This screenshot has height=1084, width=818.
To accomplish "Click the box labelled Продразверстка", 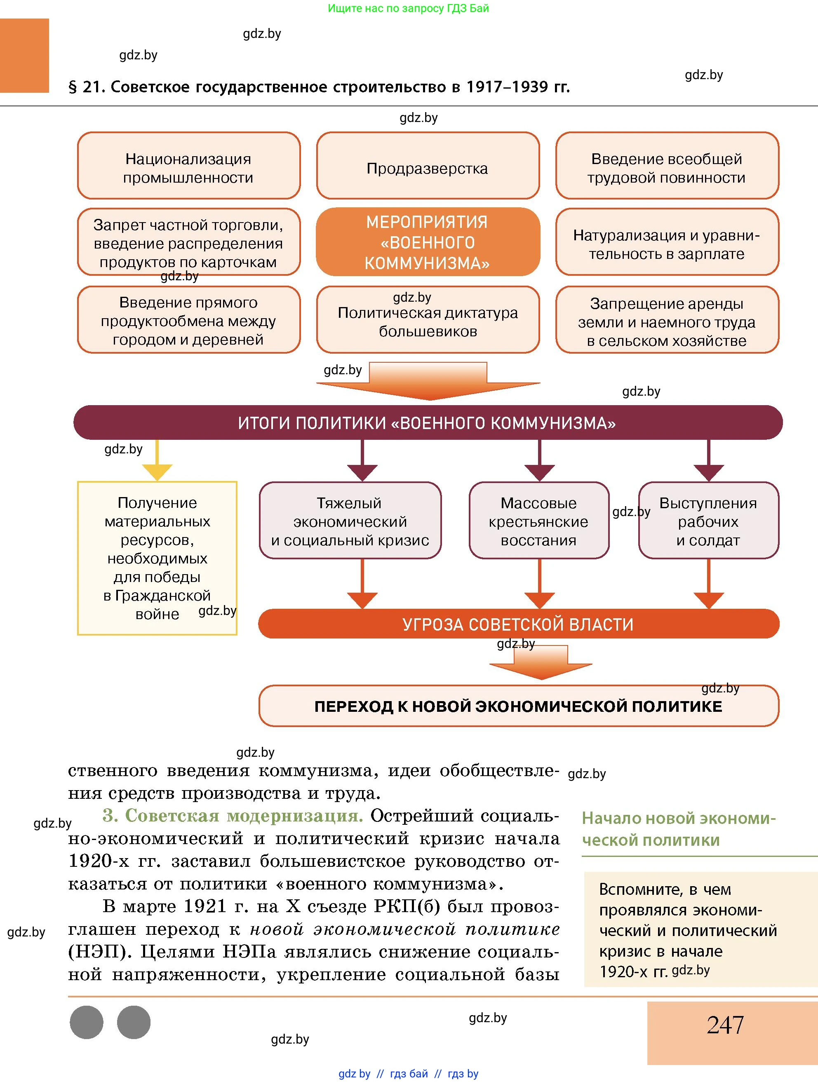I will tap(428, 166).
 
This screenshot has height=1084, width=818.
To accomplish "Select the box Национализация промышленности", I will tap(189, 166).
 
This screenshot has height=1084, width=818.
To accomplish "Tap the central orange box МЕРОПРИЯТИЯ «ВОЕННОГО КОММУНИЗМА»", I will tap(428, 242).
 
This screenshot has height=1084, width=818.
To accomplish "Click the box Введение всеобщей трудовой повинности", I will tap(667, 166).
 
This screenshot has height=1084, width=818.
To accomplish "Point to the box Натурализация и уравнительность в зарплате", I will tap(667, 242).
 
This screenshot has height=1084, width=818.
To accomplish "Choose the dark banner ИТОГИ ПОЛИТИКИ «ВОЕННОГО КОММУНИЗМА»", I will tap(428, 422).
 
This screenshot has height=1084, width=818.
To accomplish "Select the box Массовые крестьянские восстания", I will tap(538, 521).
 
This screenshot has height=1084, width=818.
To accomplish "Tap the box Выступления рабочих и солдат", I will tap(708, 521).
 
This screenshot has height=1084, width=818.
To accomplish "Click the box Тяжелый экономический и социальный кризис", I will tap(350, 521).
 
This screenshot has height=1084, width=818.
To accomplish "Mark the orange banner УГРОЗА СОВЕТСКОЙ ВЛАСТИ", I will tap(518, 624).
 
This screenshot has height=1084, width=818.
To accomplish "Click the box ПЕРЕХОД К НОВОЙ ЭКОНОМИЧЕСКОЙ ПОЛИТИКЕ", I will tap(518, 706).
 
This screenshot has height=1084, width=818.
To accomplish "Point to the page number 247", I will tap(725, 1025).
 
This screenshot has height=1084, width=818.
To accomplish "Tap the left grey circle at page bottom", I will tap(87, 1022).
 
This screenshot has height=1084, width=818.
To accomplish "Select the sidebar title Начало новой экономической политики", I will tap(679, 829).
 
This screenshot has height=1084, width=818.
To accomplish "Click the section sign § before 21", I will tap(73, 87).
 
